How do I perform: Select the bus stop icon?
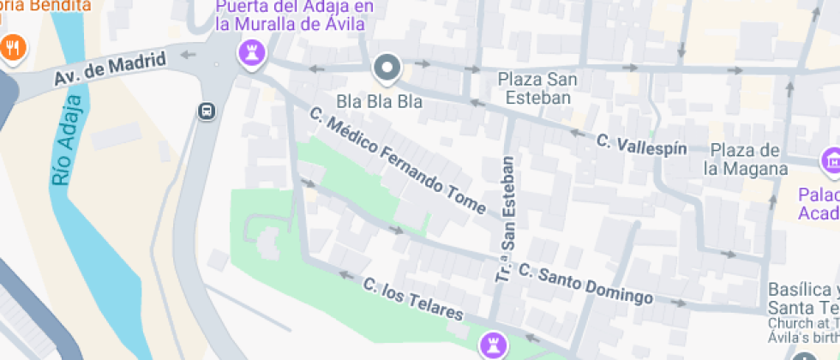(207, 111)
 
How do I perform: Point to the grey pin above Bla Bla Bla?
(387, 68)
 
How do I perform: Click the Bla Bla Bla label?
(379, 101)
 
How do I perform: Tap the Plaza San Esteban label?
(537, 88)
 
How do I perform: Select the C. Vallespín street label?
(641, 144)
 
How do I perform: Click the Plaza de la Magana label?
(745, 159)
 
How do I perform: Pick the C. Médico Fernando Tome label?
(398, 160)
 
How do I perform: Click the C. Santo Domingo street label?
(585, 285)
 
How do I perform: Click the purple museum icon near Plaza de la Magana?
(830, 159)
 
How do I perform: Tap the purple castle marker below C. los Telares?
(493, 345)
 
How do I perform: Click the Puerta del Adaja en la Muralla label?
(290, 15)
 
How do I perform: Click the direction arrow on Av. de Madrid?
(187, 56)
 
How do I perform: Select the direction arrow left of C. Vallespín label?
(578, 134)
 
